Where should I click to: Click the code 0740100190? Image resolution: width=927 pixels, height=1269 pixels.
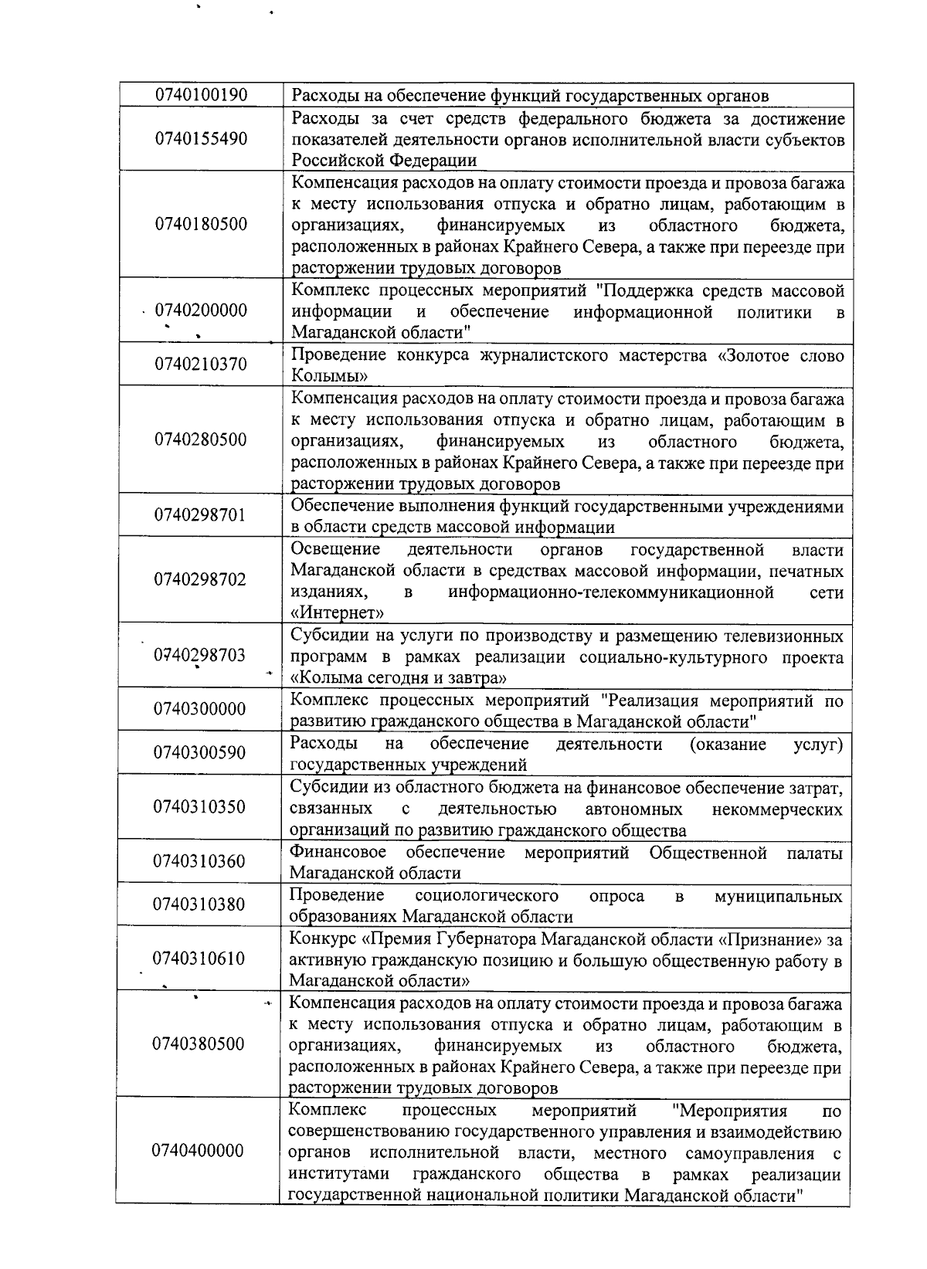coord(201,96)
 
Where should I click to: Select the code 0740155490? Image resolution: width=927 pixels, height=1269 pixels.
coord(201,139)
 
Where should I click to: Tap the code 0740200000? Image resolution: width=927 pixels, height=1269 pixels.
coord(201,311)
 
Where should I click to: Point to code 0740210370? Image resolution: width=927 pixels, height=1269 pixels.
coord(201,365)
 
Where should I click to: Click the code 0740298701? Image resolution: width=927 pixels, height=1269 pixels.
coord(200,515)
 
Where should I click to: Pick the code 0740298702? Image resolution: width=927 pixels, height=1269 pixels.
coord(200,580)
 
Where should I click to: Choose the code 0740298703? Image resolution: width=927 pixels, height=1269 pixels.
coord(200,656)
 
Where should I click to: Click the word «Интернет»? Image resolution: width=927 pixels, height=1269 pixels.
coord(338,613)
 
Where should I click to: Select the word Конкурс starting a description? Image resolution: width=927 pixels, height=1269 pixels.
coord(323,940)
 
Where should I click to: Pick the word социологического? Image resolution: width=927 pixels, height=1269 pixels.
coord(487,896)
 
